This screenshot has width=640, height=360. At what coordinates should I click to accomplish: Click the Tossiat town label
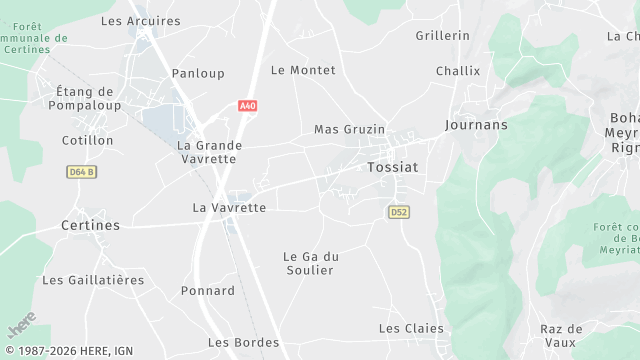[x=391, y=167]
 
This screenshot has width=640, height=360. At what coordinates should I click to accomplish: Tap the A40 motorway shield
[x=247, y=105]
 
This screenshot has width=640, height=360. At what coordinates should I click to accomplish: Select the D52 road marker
[x=399, y=212]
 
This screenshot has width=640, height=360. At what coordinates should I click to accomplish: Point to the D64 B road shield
[x=82, y=172]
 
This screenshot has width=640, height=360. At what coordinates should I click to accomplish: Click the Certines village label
[x=90, y=225]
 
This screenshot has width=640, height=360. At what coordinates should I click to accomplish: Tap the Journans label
[x=476, y=125]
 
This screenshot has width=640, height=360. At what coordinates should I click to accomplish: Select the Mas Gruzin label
[x=349, y=130]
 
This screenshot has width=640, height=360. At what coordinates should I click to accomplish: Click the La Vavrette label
[x=229, y=208]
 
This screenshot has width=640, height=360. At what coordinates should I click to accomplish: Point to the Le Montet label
[x=303, y=70]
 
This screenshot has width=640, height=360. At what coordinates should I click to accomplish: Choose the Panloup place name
[x=198, y=73]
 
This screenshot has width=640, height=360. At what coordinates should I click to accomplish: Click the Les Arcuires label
[x=141, y=21]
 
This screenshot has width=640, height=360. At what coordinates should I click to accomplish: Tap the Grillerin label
[x=442, y=35]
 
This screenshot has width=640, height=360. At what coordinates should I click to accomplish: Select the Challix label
[x=458, y=71]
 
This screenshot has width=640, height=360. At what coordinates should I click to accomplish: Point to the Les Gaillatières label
[x=93, y=280]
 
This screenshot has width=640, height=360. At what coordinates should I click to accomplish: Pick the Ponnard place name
[x=208, y=291]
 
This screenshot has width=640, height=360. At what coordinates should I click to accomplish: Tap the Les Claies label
[x=411, y=328]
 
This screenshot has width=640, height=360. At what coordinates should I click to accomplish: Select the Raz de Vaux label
[x=561, y=335]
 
